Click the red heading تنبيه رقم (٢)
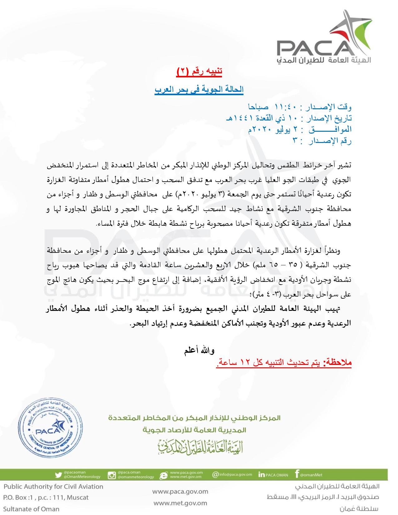pyautogui.click(x=199, y=71)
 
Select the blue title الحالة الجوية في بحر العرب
pyautogui.click(x=199, y=89)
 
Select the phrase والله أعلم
pyautogui.click(x=199, y=351)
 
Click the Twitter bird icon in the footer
pyautogui.click(x=58, y=475)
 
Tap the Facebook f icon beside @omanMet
pyautogui.click(x=297, y=474)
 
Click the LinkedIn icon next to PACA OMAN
pyautogui.click(x=262, y=475)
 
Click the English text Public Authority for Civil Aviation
pyautogui.click(x=53, y=486)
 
